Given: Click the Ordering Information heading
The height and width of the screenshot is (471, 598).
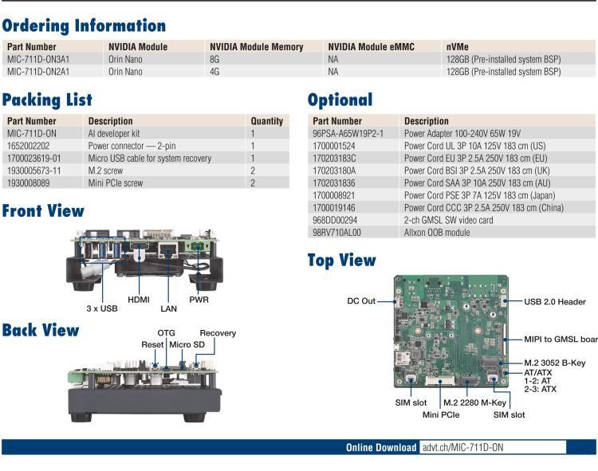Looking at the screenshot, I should (x=84, y=26).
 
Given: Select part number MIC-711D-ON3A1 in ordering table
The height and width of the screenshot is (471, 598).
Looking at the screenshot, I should (x=37, y=60).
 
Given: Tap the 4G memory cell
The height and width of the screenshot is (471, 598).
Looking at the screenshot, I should (x=214, y=72).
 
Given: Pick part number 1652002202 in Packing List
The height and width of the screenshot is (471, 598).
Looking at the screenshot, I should (x=29, y=147).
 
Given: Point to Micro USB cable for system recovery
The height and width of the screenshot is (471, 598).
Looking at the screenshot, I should (x=149, y=159).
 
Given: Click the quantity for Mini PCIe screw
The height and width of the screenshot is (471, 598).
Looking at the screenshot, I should (x=253, y=183).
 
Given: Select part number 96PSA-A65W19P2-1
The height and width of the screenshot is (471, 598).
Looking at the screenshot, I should (x=348, y=135).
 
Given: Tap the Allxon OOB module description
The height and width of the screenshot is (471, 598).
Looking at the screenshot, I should (x=437, y=233).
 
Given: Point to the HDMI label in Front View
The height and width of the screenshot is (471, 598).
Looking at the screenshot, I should (x=139, y=300).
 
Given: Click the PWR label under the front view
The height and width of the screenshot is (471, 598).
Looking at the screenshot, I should (x=199, y=300).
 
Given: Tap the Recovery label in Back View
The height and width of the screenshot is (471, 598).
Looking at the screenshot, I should (x=218, y=333).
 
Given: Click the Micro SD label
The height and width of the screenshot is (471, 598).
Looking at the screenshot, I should (x=188, y=344).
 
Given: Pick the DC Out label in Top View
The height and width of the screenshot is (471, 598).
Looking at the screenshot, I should (x=361, y=302).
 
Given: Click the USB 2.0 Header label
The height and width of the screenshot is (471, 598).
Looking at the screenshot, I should (x=555, y=302).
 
